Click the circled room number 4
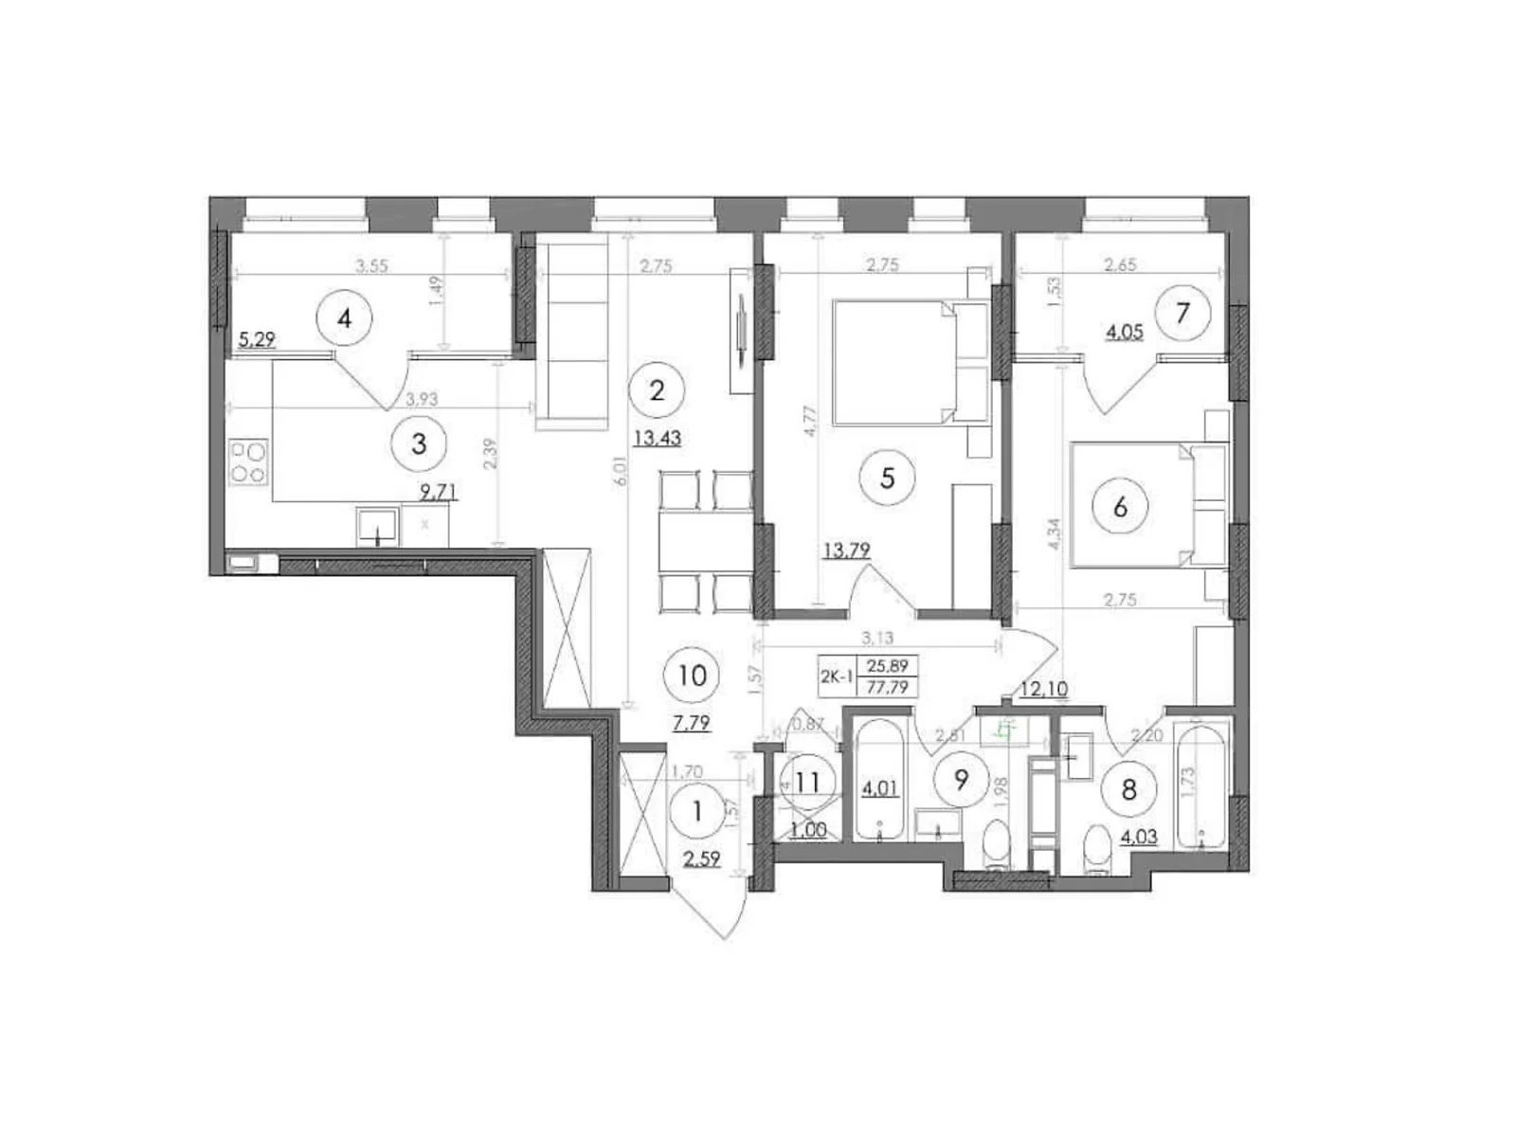point(344,318)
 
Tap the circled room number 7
point(1182,312)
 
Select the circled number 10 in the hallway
point(693,676)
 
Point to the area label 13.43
point(657,438)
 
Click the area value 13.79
point(847,550)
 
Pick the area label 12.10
point(1043,689)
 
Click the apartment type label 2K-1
point(837,677)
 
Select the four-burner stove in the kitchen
point(249,461)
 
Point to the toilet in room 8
point(1096,848)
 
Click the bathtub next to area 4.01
point(881,782)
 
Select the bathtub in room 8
point(1200,785)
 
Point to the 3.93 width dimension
point(422,400)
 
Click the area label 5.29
point(257,339)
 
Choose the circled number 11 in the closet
point(808,784)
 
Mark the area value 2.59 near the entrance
point(700,859)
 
